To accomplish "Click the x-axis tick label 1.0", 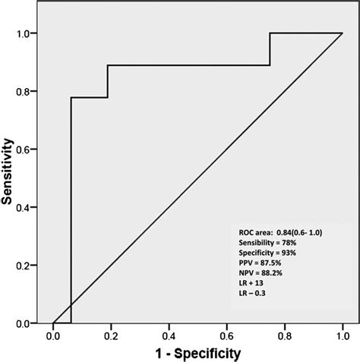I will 343,335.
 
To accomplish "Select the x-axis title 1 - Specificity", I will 197,353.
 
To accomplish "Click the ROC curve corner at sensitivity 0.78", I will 71,98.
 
